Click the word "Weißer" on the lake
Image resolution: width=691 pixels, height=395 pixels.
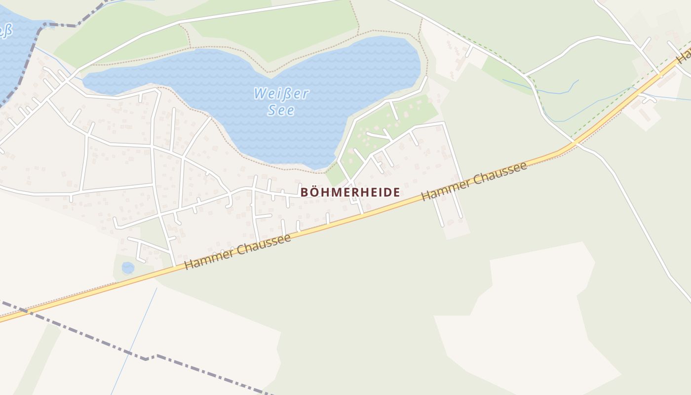click(x=281, y=94)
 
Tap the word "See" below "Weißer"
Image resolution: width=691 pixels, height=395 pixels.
click(x=281, y=110)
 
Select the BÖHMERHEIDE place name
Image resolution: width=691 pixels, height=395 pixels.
click(x=350, y=192)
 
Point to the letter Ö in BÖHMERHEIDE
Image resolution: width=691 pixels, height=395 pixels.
click(x=314, y=192)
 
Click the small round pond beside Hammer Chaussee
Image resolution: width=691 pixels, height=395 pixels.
click(x=128, y=268)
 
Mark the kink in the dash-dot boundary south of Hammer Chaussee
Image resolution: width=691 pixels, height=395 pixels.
click(x=147, y=358)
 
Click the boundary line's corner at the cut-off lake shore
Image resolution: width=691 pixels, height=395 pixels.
click(x=43, y=24)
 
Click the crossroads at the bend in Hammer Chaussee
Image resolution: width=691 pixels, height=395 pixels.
click(x=576, y=143)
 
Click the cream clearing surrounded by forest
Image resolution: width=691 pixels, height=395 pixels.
click(x=528, y=316)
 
